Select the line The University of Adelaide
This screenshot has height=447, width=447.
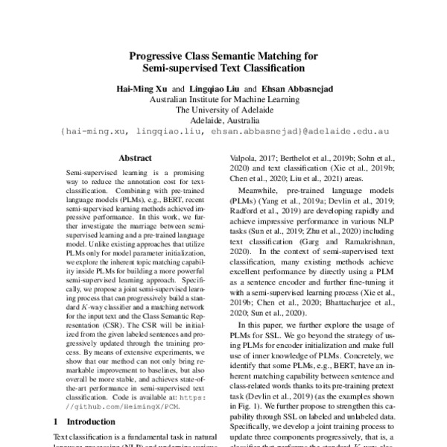[223, 110]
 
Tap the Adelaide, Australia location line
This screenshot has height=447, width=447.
[223, 120]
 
